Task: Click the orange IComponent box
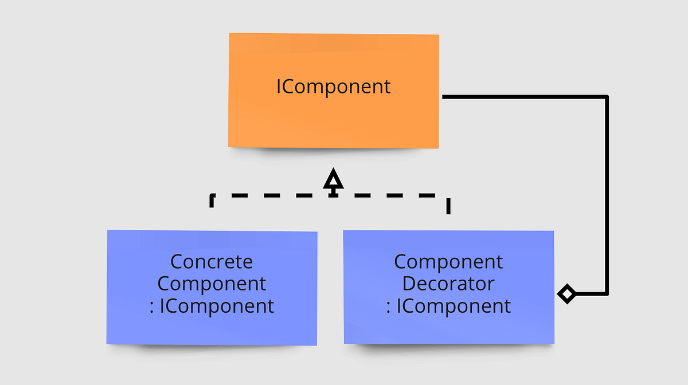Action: (334, 120)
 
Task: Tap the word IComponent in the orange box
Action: (333, 87)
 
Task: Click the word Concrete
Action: (212, 262)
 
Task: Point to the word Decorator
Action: (448, 284)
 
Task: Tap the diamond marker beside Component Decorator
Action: (566, 294)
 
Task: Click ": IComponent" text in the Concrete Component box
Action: (212, 306)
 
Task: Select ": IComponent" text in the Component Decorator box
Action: (448, 306)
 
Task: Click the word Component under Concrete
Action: (212, 284)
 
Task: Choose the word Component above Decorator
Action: (448, 262)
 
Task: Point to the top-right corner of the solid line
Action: (606, 97)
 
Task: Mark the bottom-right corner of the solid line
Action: (606, 294)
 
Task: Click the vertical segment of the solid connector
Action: (606, 195)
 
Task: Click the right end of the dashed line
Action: (448, 206)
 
